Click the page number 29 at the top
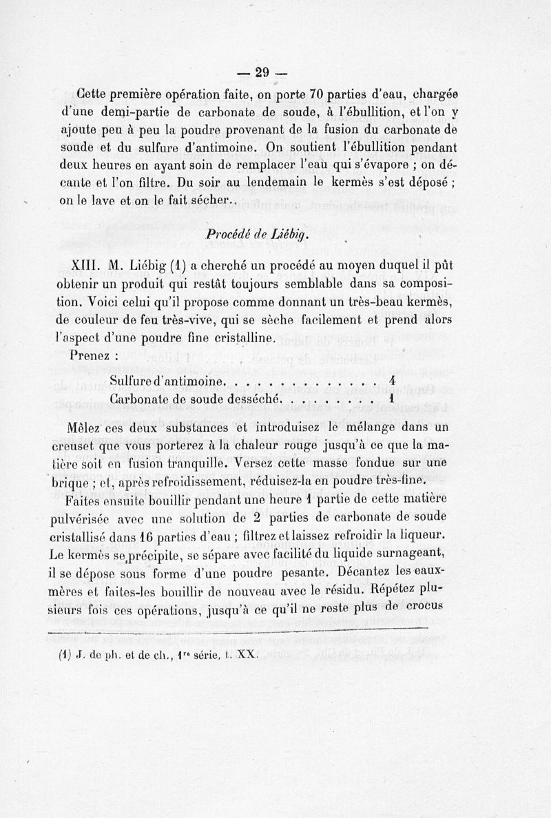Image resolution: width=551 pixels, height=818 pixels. [x=261, y=72]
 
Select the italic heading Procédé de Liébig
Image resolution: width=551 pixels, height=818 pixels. [x=256, y=234]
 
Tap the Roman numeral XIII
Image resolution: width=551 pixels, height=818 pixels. [x=85, y=266]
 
